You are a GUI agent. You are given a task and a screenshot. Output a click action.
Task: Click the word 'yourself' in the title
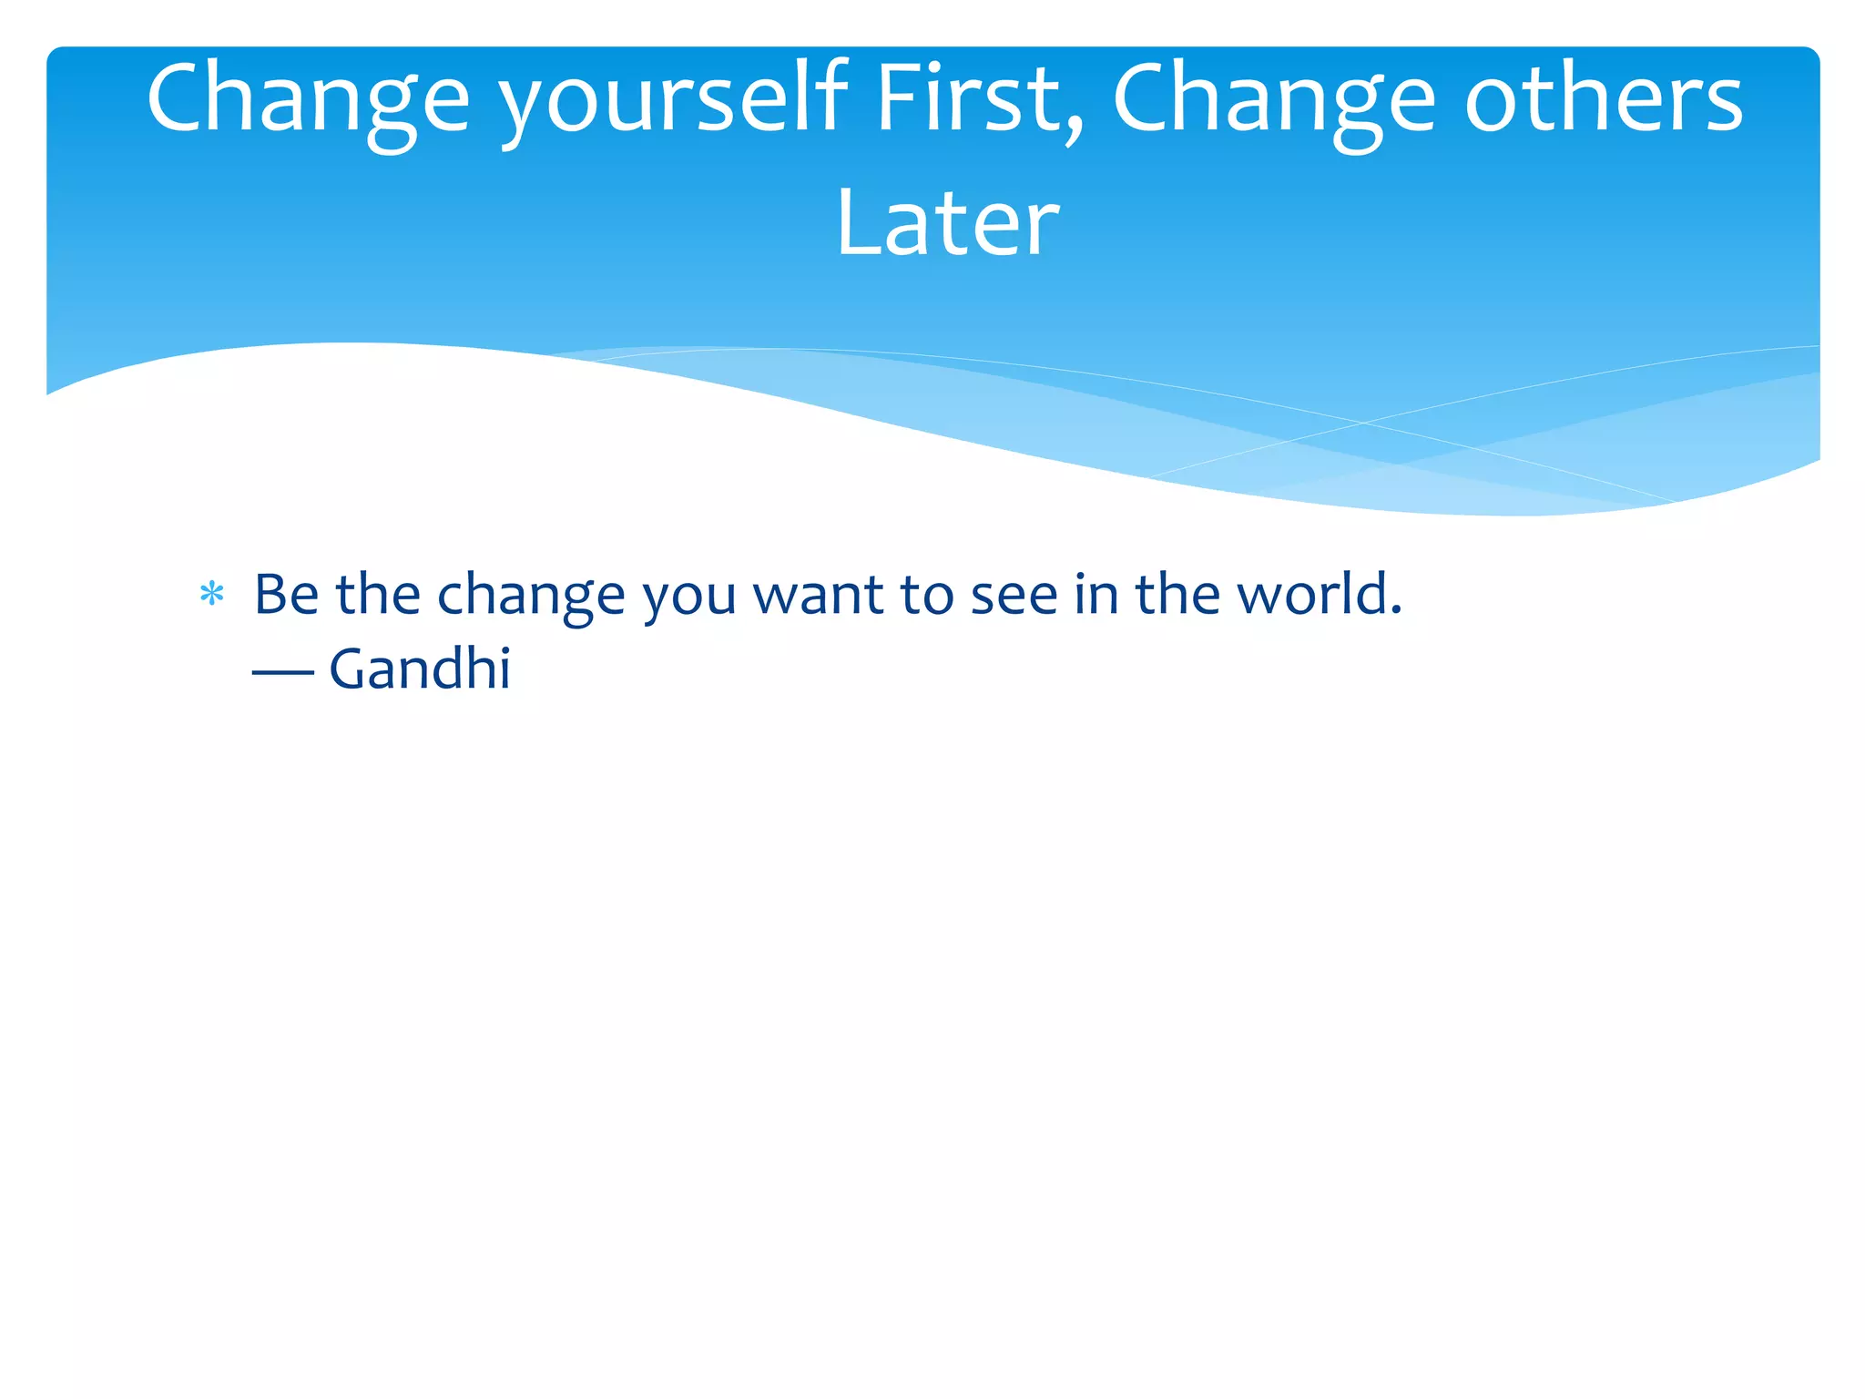click(674, 100)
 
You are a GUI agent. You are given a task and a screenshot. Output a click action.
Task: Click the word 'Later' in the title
click(947, 223)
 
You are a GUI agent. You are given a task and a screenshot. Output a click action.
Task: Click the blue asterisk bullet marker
click(211, 595)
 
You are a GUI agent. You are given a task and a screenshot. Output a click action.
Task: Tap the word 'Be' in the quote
click(286, 595)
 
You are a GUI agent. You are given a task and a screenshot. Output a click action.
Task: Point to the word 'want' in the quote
click(818, 595)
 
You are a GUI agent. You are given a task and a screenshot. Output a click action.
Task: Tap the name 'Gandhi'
click(420, 669)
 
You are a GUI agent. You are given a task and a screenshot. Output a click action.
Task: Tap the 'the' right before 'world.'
click(1177, 595)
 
